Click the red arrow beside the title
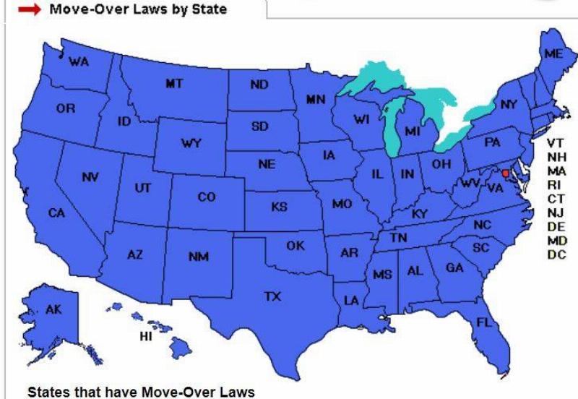(x=29, y=9)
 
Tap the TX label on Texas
(x=272, y=296)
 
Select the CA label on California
(x=56, y=213)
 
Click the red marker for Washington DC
(x=505, y=173)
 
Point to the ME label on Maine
(x=554, y=54)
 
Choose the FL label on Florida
(x=483, y=323)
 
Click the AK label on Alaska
(x=53, y=309)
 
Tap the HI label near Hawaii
(x=146, y=337)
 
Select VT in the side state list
(x=556, y=143)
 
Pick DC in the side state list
(x=556, y=254)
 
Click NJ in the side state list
(x=556, y=213)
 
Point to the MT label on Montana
(x=174, y=84)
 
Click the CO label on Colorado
(x=207, y=197)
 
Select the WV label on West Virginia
(x=470, y=184)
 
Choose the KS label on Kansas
(x=279, y=207)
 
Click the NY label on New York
(x=509, y=105)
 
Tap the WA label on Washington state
(x=79, y=62)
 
